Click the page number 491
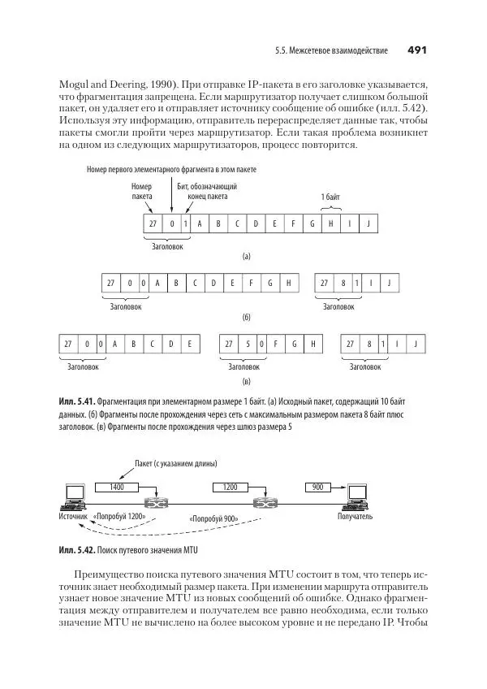pos(416,51)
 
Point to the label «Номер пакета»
pos(142,191)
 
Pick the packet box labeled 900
pos(317,487)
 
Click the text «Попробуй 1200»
pos(119,516)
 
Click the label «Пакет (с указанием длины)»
pos(177,464)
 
